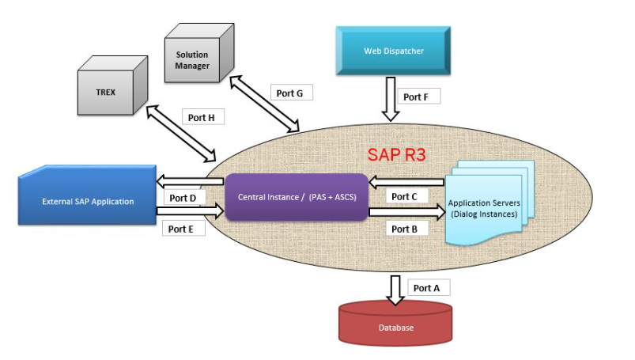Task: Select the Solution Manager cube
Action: pyautogui.click(x=196, y=59)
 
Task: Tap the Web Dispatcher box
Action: pyautogui.click(x=393, y=51)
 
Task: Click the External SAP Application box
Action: pyautogui.click(x=87, y=201)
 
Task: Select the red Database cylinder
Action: pyautogui.click(x=394, y=325)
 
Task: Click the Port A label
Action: pyautogui.click(x=426, y=288)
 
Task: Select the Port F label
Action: pyautogui.click(x=416, y=97)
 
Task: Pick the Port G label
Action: pyautogui.click(x=289, y=93)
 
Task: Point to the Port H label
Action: pyautogui.click(x=201, y=117)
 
